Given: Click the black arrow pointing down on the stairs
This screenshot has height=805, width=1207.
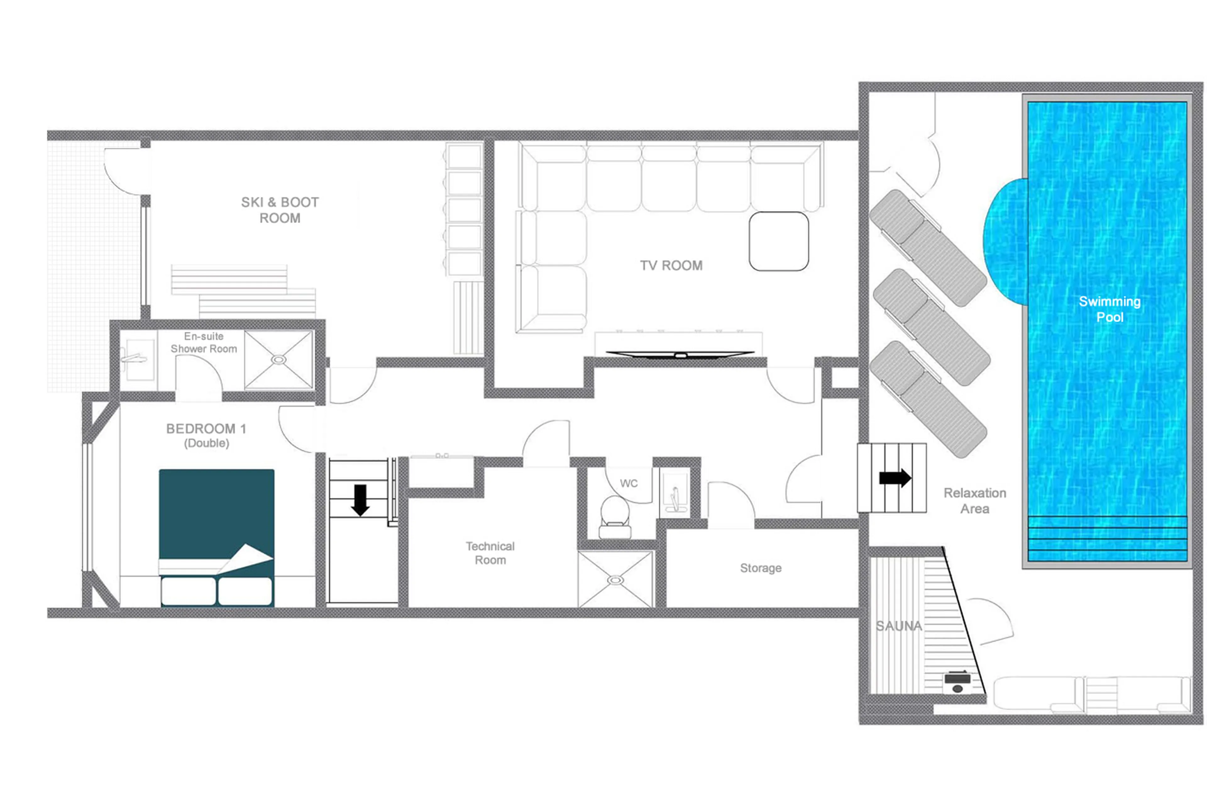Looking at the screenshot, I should [x=360, y=500].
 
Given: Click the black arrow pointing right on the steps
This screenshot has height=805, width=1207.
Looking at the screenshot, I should [x=895, y=478].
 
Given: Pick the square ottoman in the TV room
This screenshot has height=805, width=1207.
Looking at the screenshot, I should [x=778, y=241].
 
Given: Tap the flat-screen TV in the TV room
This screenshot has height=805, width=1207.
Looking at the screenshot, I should [x=680, y=354].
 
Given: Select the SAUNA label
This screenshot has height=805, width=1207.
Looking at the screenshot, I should [x=898, y=626].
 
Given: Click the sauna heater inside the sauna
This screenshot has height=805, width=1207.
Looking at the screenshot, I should [x=957, y=682].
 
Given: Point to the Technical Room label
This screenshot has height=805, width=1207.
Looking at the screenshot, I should [x=490, y=553].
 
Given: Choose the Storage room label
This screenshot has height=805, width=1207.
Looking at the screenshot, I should [x=760, y=568].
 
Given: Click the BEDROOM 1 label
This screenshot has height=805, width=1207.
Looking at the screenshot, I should [x=206, y=429].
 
